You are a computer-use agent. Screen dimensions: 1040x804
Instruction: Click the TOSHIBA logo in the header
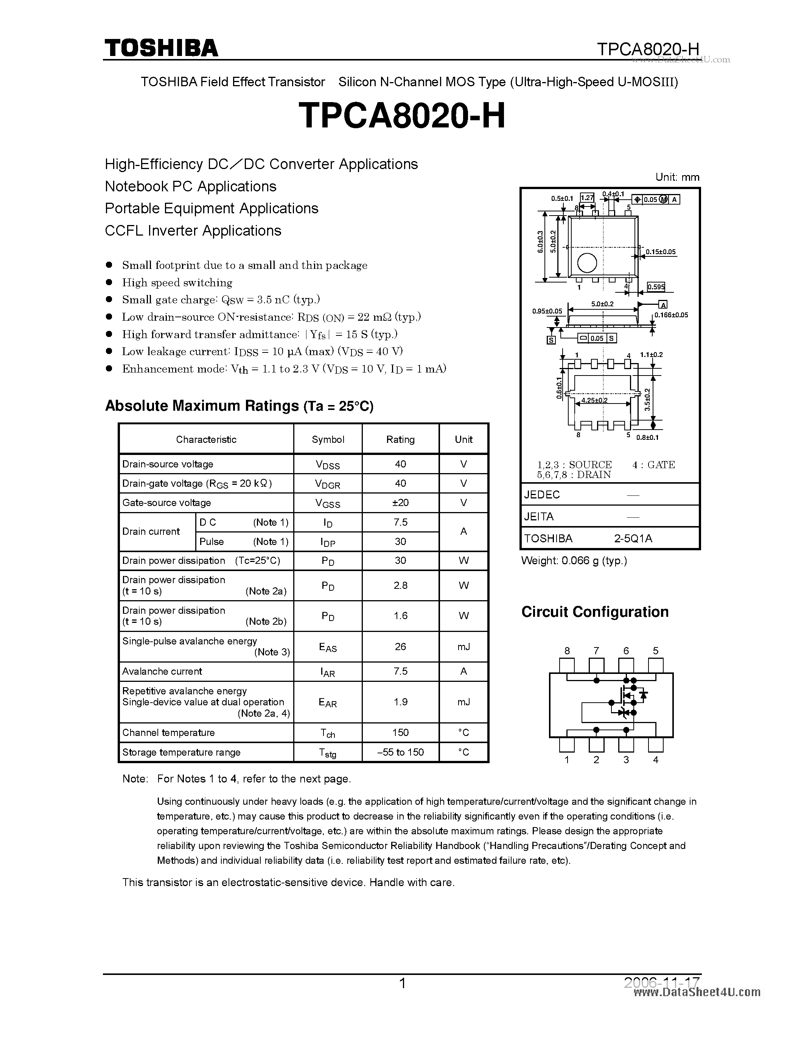[161, 48]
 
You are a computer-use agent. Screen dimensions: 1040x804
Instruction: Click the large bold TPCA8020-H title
[401, 116]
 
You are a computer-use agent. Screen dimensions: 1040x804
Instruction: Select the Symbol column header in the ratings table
[328, 439]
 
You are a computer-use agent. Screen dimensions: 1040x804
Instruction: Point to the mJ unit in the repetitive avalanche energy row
[463, 702]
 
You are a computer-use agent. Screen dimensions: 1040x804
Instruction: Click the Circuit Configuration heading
[595, 612]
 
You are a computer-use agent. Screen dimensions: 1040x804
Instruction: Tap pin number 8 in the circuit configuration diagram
[567, 651]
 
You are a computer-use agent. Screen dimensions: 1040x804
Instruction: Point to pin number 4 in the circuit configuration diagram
[655, 760]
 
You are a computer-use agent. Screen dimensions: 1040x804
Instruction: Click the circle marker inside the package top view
[587, 263]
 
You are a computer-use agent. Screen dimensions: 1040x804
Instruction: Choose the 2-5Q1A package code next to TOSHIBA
[633, 539]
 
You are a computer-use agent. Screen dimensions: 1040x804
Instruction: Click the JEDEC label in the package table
[542, 495]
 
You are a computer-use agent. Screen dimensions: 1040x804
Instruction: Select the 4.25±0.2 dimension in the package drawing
[594, 400]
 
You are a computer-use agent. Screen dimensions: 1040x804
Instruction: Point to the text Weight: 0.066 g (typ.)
[574, 561]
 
